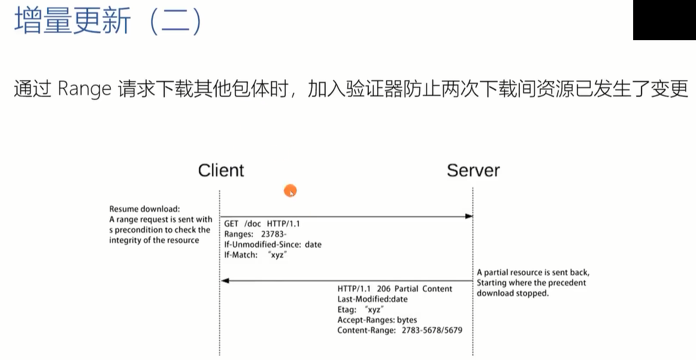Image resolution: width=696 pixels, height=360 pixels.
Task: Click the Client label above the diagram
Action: [221, 171]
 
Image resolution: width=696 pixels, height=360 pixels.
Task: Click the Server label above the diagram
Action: [473, 171]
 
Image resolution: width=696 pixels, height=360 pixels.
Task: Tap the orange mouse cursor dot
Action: [290, 191]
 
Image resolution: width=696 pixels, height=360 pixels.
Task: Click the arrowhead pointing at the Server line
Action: [469, 216]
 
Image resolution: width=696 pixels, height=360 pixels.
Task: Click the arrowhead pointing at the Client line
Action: [225, 280]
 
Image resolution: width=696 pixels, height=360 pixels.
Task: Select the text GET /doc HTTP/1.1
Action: [262, 225]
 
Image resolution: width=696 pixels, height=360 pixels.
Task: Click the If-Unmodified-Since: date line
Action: [273, 244]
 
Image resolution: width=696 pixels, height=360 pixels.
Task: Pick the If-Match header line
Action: [255, 255]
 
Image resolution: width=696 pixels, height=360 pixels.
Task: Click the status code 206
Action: [382, 289]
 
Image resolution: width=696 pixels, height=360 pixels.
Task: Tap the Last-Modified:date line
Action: [373, 299]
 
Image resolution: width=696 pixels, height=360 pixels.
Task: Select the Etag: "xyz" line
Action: [360, 310]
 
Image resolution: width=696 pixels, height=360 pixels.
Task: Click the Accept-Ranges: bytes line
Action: [377, 320]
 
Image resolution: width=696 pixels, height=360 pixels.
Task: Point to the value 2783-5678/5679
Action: [432, 330]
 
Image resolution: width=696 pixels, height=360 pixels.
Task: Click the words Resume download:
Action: [145, 208]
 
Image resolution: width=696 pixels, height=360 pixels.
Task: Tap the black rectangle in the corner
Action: [664, 20]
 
